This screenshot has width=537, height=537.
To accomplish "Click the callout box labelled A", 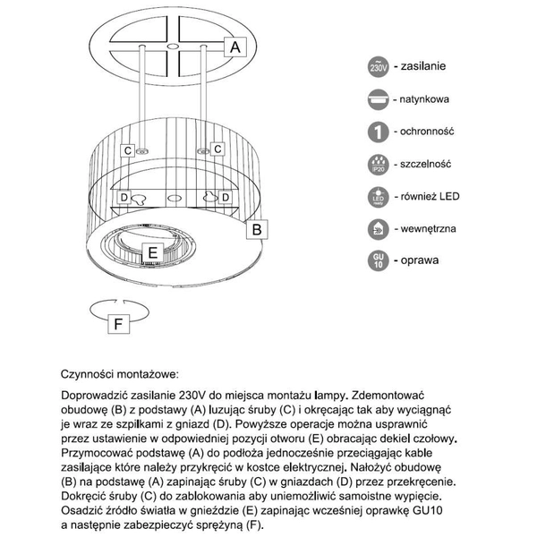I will [x=235, y=47].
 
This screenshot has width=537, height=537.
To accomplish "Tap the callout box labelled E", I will [x=152, y=252].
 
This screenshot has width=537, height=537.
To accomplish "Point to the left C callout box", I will [x=128, y=150].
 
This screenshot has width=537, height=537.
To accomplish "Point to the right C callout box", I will [x=217, y=149].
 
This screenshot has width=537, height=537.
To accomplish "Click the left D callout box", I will [x=124, y=197].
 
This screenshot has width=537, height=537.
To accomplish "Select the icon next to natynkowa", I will [x=378, y=99].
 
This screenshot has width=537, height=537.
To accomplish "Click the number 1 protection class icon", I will [x=378, y=132].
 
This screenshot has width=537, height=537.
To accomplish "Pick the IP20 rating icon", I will [x=378, y=165].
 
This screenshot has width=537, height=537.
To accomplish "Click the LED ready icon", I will [x=378, y=197].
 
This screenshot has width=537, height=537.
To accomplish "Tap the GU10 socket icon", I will [x=378, y=262].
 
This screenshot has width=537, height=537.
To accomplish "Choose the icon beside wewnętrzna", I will [x=378, y=230].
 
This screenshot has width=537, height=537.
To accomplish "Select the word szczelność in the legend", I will [x=426, y=164].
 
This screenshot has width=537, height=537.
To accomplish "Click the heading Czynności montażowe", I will [x=120, y=371].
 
